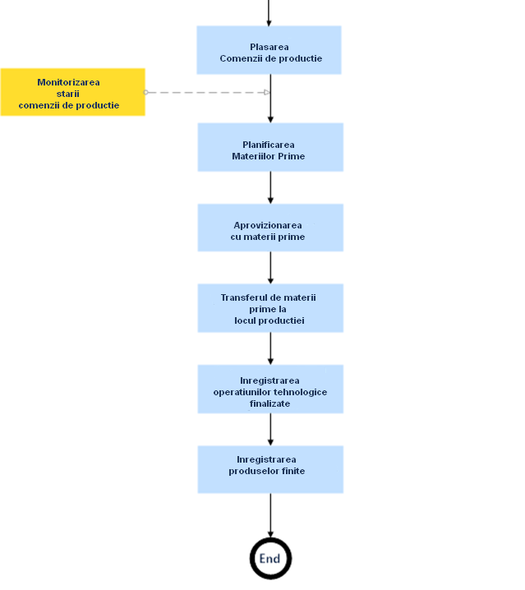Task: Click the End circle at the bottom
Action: [270, 538]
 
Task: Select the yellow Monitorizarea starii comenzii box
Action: [72, 92]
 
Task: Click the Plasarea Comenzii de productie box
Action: [269, 50]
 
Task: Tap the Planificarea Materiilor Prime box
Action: [270, 147]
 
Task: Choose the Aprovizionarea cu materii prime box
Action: [270, 228]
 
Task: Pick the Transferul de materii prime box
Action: [270, 308]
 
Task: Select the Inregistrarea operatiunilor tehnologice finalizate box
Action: [270, 389]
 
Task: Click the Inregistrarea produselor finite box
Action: [270, 469]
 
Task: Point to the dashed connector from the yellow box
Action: [207, 92]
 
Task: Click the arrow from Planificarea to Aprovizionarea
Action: [270, 187]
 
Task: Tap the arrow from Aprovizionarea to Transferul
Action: [270, 268]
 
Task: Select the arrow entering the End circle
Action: [270, 515]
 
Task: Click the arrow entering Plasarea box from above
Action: [269, 13]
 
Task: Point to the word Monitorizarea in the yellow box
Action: [68, 82]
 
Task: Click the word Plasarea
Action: [269, 47]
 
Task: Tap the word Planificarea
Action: [269, 145]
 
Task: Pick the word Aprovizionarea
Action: [268, 225]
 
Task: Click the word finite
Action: [293, 471]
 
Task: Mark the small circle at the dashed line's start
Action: [145, 92]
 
